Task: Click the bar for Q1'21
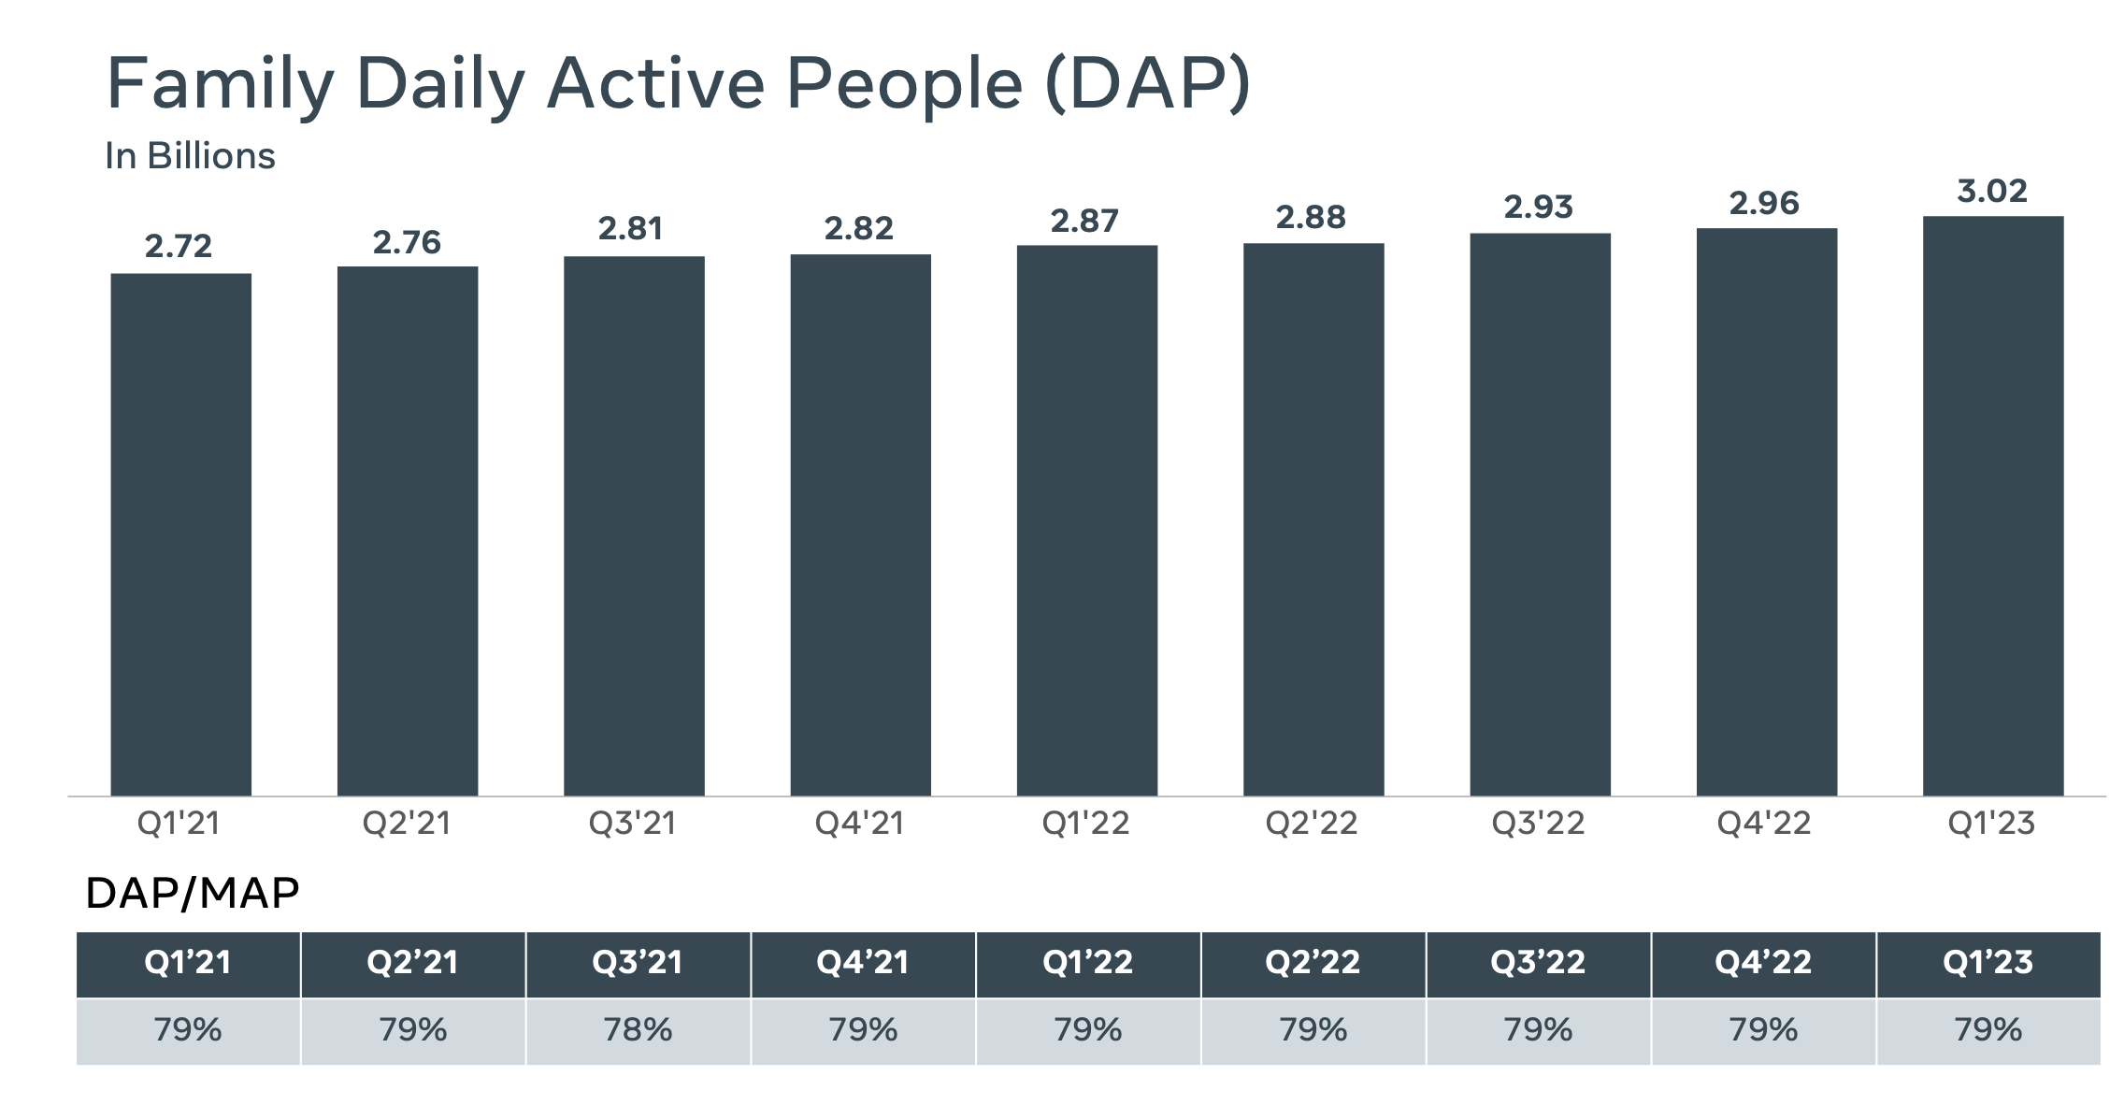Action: [180, 534]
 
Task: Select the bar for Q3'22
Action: [1540, 514]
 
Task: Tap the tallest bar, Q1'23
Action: [1992, 506]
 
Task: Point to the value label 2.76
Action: [407, 243]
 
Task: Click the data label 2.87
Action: [1084, 222]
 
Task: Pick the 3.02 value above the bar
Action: [1992, 192]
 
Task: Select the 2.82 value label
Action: [858, 228]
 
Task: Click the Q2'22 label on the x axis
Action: [1311, 824]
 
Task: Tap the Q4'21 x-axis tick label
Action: [859, 824]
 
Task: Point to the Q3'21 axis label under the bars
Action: [632, 824]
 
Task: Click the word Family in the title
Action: [220, 84]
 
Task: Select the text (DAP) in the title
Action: [1147, 84]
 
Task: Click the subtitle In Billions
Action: [190, 156]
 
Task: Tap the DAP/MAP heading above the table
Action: [192, 894]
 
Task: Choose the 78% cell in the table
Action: [638, 1030]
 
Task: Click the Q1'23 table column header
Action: [1988, 963]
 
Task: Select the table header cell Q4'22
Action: [1762, 963]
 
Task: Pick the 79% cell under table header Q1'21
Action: [188, 1030]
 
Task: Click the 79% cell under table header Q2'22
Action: [1313, 1030]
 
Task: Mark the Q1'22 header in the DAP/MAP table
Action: [1087, 963]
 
